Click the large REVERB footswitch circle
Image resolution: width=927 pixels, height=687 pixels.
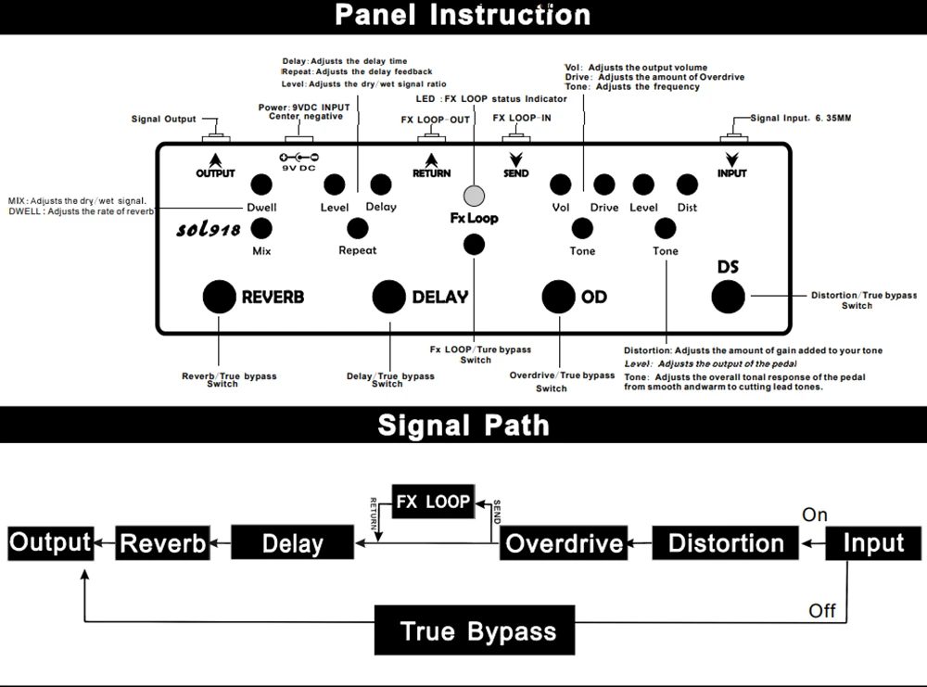click(x=220, y=296)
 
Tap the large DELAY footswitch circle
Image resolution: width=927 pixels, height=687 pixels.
click(x=389, y=296)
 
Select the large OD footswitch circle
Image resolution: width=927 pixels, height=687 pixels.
click(x=559, y=296)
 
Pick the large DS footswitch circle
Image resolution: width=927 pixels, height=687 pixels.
click(x=728, y=296)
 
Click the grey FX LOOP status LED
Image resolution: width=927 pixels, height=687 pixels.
click(x=475, y=195)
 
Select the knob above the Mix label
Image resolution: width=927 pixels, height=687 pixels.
click(x=260, y=228)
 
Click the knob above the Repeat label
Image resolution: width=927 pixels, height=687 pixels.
click(x=357, y=228)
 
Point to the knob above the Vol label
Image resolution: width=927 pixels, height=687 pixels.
click(x=560, y=184)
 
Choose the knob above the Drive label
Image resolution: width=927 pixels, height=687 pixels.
click(x=604, y=184)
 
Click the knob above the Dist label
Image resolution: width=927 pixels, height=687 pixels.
click(x=687, y=184)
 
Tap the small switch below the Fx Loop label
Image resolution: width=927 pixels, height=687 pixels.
click(x=474, y=244)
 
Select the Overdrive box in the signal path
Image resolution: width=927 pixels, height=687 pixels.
click(x=564, y=542)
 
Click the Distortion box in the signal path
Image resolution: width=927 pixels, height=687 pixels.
click(x=726, y=542)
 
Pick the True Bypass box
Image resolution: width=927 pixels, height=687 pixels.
click(x=477, y=631)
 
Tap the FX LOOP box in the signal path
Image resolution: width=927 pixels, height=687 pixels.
click(x=433, y=503)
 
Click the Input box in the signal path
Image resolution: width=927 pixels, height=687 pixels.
click(x=873, y=542)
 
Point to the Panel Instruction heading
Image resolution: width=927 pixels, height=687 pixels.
click(x=463, y=15)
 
